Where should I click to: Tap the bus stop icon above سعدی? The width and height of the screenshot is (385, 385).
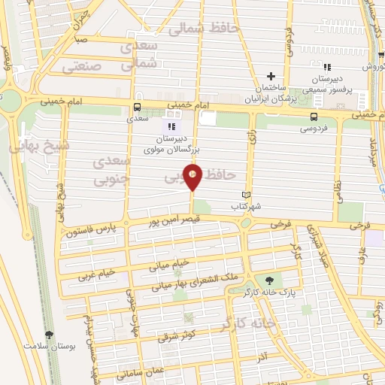click(x=137, y=107)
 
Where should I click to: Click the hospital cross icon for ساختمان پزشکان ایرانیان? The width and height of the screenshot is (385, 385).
click(x=271, y=76)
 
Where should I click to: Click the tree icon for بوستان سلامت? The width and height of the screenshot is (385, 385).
click(x=50, y=335)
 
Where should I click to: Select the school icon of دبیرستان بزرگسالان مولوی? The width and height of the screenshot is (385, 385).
click(x=171, y=126)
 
